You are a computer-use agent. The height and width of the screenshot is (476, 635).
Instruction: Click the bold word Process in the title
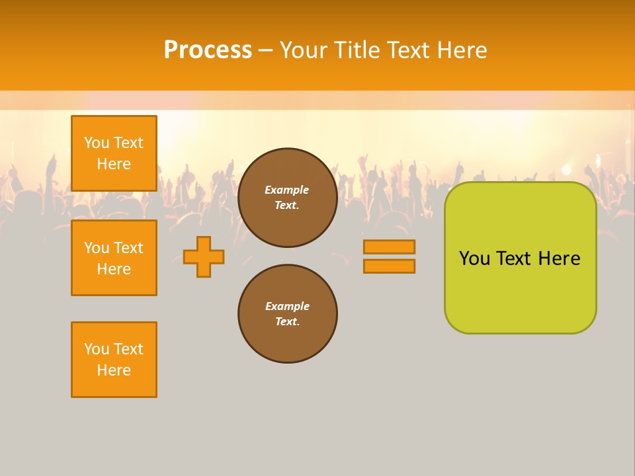coord(208,50)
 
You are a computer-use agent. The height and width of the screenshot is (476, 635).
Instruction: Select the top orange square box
coord(114,153)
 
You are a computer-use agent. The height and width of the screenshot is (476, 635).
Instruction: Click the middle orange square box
coord(114,258)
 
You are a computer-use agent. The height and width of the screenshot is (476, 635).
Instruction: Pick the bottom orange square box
coord(114,360)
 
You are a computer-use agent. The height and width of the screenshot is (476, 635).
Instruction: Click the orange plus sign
coord(204,257)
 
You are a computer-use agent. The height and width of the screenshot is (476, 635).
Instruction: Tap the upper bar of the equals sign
coord(389,247)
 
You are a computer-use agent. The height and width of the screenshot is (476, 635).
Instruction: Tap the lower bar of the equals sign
coord(389,266)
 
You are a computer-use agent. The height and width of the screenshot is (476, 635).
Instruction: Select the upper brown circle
coord(287,198)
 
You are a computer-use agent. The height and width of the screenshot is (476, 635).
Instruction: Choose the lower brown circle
coord(287,314)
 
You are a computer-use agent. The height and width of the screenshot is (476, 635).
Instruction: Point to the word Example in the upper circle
coord(287,190)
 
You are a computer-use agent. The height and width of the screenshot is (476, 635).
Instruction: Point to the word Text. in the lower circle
coord(287,322)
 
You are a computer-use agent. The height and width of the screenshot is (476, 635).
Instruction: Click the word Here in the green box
coord(559,258)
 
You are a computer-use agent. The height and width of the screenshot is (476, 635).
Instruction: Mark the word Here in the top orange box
coord(114,164)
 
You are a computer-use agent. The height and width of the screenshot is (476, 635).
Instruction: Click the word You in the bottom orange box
coord(97,349)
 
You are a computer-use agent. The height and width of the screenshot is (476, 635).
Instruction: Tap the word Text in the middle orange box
coord(128,248)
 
